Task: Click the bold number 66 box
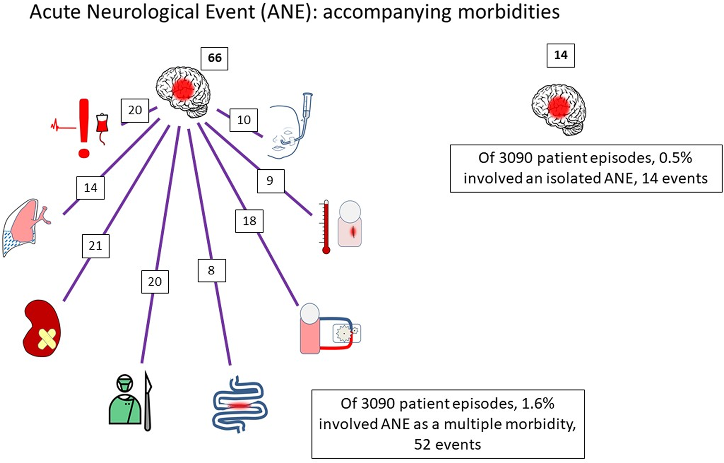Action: pos(214,58)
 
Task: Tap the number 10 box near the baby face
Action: pos(243,120)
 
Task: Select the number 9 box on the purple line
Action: pos(270,181)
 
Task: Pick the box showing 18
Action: pos(249,221)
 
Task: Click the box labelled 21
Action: pos(95,246)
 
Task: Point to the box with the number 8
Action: pos(212,270)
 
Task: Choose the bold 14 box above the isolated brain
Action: pos(560,55)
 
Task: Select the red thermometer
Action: pos(326,227)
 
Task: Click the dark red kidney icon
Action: pos(41,329)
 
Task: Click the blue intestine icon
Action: pos(240,405)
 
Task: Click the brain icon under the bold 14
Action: pos(559,109)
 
